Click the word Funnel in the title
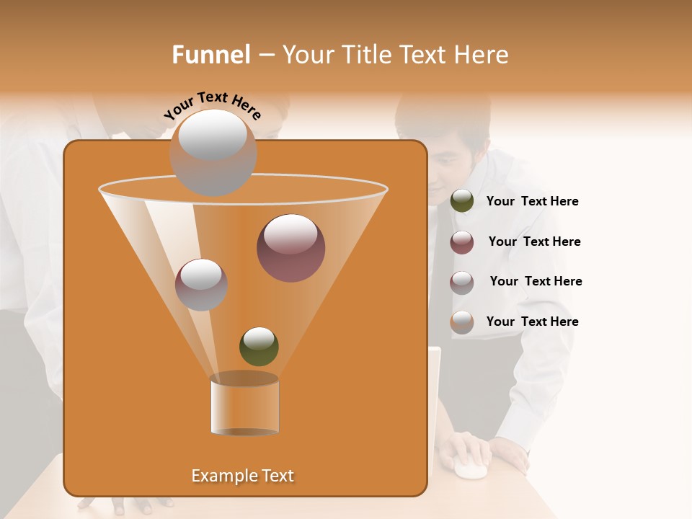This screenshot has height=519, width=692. point(210,55)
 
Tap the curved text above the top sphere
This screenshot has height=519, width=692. point(212,105)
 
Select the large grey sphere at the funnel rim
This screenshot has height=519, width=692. point(213,152)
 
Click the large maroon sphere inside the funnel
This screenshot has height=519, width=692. point(290,248)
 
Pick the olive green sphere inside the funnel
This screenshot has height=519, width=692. point(259,346)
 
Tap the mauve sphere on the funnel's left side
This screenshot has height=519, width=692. point(201,285)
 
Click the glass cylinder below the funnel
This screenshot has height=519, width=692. point(244,405)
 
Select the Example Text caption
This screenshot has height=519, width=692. point(242,476)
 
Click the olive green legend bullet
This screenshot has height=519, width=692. point(462,201)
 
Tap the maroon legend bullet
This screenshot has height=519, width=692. point(462,242)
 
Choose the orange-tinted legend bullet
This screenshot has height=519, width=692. point(462,322)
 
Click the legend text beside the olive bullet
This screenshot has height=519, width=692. point(532,201)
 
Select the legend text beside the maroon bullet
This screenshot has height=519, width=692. point(534,241)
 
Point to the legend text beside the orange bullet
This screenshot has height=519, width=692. point(532,321)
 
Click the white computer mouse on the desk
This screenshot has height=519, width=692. point(469,470)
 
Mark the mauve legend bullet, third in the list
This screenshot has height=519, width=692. point(462,282)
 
